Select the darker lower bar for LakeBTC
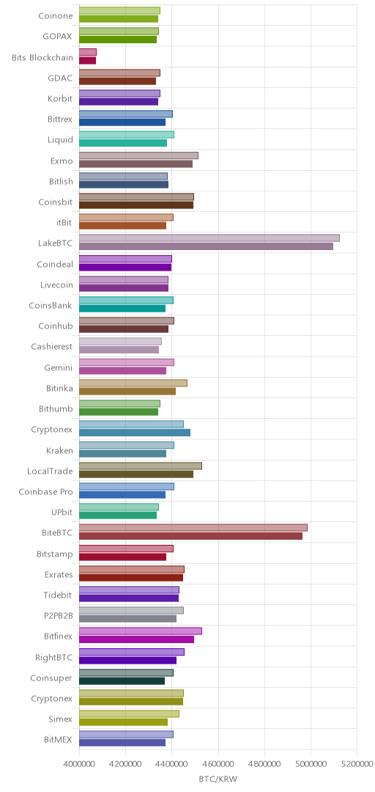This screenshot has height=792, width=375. [x=206, y=246]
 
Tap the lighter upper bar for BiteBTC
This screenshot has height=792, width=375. [x=193, y=527]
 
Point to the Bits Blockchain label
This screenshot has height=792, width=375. [x=42, y=57]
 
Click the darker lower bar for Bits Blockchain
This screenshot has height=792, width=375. [x=87, y=61]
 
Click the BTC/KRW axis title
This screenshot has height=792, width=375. [x=218, y=779]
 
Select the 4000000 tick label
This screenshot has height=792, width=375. [x=79, y=764]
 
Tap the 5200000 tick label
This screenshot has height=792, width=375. [x=357, y=764]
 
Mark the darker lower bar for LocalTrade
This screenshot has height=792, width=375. [x=136, y=474]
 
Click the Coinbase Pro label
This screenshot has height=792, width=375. [x=46, y=492]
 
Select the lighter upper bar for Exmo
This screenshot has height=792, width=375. [x=139, y=155]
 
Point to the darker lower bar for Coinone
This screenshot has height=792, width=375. [x=119, y=19]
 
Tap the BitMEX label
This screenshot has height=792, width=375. [x=58, y=741]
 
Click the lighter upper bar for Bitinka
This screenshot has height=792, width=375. [x=133, y=383]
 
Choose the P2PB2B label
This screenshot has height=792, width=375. [x=59, y=616]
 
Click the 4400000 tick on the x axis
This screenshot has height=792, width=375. [x=171, y=764]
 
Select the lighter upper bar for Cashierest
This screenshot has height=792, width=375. [x=120, y=342]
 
